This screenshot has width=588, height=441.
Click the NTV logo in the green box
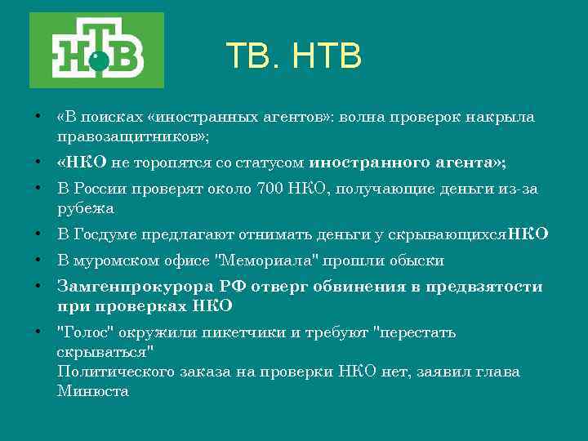(x=96, y=51)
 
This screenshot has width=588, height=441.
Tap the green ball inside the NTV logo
(x=98, y=59)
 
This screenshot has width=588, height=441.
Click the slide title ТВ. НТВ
(x=293, y=56)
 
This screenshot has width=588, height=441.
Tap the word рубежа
(x=86, y=208)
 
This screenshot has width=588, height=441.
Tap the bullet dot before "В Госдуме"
(x=38, y=234)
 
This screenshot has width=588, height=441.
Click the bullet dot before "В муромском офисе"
(x=38, y=261)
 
